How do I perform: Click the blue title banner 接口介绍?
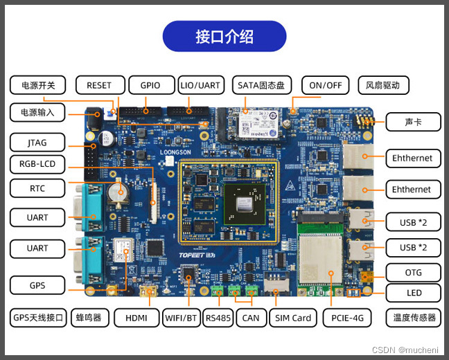pos(224,36)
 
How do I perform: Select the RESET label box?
pos(99,85)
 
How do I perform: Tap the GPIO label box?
pos(150,85)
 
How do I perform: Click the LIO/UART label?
pos(200,85)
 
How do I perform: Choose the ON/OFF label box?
pos(325,85)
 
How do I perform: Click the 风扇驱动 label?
pos(383,85)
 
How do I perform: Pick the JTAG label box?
pos(37,143)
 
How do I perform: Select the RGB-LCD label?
pos(37,165)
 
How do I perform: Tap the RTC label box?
pos(37,188)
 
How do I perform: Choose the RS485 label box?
pos(218,318)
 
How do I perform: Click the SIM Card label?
pos(292,318)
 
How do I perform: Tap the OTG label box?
pos(413,271)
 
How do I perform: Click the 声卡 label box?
pos(413,123)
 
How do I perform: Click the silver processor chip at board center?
pos(243,204)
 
